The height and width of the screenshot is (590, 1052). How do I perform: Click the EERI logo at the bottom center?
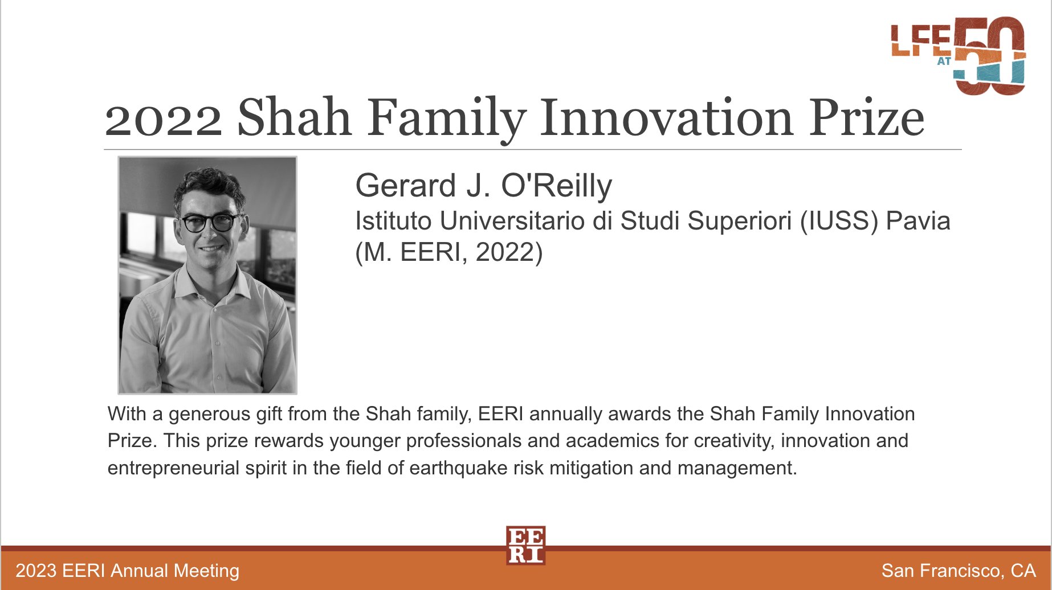(525, 545)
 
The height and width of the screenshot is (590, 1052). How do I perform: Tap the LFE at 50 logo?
(959, 55)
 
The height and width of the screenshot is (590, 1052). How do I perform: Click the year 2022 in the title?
(164, 120)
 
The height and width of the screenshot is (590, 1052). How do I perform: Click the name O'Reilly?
(557, 186)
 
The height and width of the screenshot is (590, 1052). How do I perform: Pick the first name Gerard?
(405, 186)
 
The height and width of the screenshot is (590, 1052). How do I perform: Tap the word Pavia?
(918, 220)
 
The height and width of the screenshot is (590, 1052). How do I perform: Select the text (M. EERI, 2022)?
(449, 252)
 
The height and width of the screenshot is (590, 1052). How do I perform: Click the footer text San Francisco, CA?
(959, 571)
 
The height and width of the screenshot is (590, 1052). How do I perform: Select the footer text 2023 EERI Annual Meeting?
(128, 571)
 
